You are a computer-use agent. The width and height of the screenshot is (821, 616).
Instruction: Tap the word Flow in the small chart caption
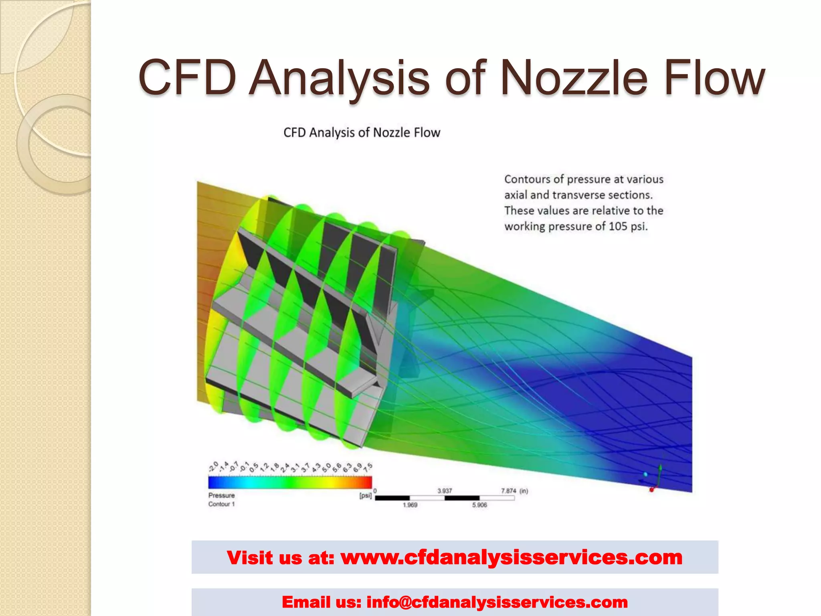[427, 132]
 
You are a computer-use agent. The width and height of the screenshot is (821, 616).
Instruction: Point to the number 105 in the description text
[617, 226]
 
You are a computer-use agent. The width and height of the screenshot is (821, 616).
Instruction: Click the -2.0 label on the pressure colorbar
[213, 467]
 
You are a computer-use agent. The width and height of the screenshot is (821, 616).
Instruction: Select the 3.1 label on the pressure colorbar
[295, 467]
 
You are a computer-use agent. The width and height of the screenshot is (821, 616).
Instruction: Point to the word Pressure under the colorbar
[221, 495]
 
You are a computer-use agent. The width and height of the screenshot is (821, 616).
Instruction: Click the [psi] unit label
[365, 496]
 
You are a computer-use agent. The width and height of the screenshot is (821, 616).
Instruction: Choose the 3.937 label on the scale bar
[445, 491]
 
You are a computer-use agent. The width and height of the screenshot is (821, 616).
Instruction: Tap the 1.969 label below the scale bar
[410, 505]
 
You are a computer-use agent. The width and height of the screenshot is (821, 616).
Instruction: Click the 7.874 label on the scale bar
[508, 491]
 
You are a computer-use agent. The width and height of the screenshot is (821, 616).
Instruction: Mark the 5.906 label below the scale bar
[479, 505]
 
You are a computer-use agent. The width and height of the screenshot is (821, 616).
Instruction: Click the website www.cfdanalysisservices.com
[511, 557]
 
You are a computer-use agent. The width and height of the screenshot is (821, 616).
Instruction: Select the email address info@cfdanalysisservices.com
[497, 602]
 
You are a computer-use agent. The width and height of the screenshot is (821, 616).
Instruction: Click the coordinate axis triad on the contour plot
[653, 479]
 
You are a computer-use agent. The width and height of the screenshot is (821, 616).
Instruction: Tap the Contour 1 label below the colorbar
[221, 504]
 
